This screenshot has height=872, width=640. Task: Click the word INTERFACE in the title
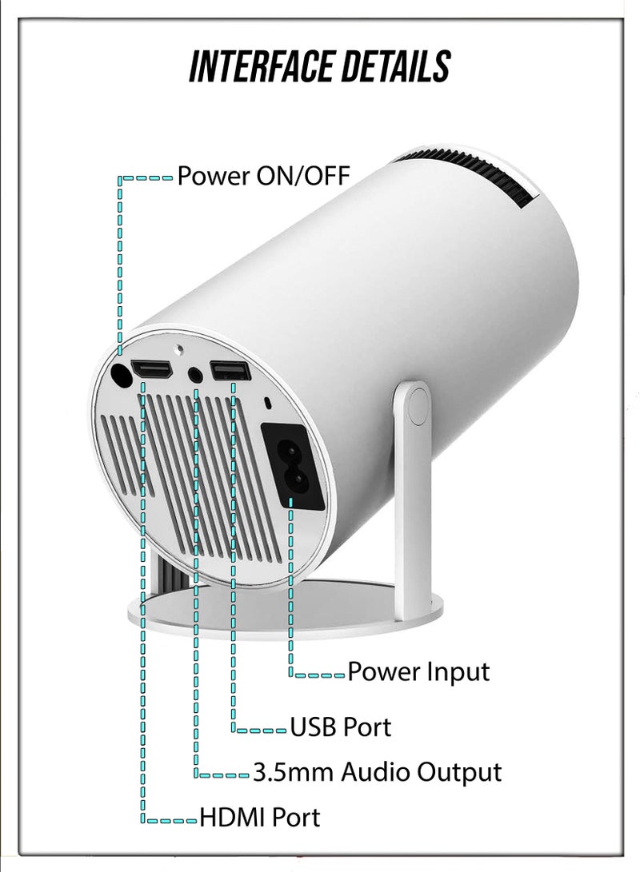(x=260, y=66)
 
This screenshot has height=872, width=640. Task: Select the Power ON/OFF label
(x=263, y=176)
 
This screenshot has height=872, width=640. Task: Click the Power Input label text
(x=418, y=672)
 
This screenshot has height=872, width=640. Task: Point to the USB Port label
(x=341, y=727)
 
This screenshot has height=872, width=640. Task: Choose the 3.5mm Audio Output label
(x=378, y=772)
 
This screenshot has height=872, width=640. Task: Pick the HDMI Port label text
(x=260, y=818)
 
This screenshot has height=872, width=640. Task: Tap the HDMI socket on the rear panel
(x=151, y=370)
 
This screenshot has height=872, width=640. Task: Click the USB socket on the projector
(x=230, y=372)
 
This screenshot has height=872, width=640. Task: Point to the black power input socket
(x=293, y=467)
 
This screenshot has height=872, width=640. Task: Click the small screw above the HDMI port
(x=179, y=350)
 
